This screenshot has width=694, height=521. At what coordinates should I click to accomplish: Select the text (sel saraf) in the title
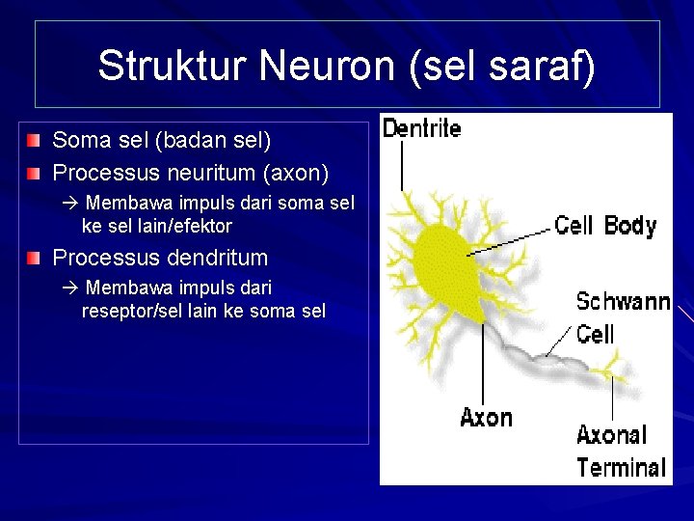[x=501, y=66]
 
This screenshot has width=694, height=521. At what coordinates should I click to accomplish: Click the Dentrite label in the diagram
[x=421, y=127]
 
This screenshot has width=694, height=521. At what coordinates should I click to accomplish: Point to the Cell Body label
[x=605, y=226]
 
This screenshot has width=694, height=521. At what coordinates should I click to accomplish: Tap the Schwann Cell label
[x=622, y=317]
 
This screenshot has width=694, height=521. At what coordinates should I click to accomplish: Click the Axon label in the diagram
[x=486, y=418]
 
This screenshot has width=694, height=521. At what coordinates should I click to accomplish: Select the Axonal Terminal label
[x=621, y=452]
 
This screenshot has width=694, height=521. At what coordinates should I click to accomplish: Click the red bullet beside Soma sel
[x=35, y=141]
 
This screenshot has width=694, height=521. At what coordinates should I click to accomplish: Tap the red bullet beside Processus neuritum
[x=35, y=174]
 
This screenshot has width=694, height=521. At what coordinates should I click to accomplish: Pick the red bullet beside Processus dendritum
[x=35, y=258]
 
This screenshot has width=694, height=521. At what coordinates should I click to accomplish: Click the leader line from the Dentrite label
[x=402, y=166]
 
